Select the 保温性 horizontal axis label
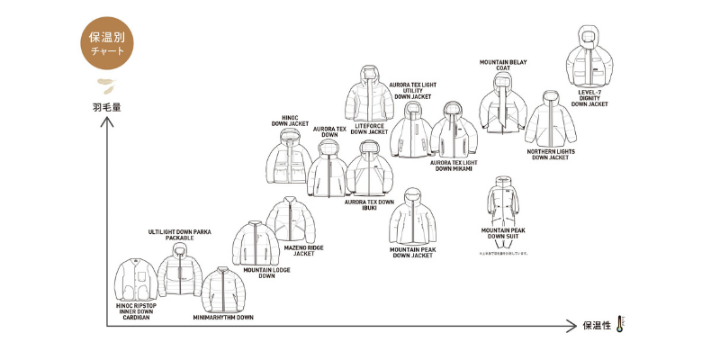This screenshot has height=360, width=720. pos(598,326)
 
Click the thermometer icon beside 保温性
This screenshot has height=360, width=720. pos(620,325)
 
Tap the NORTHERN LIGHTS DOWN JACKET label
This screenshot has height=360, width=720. pos(551,155)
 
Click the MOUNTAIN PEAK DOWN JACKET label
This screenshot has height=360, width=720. pos(411,252)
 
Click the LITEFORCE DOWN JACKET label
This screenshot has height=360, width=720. pos(369,130)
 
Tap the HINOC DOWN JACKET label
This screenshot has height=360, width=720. pos(291,120)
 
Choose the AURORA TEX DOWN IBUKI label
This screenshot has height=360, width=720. pos(369,205)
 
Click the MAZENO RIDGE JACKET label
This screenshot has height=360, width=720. pos(304,250)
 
